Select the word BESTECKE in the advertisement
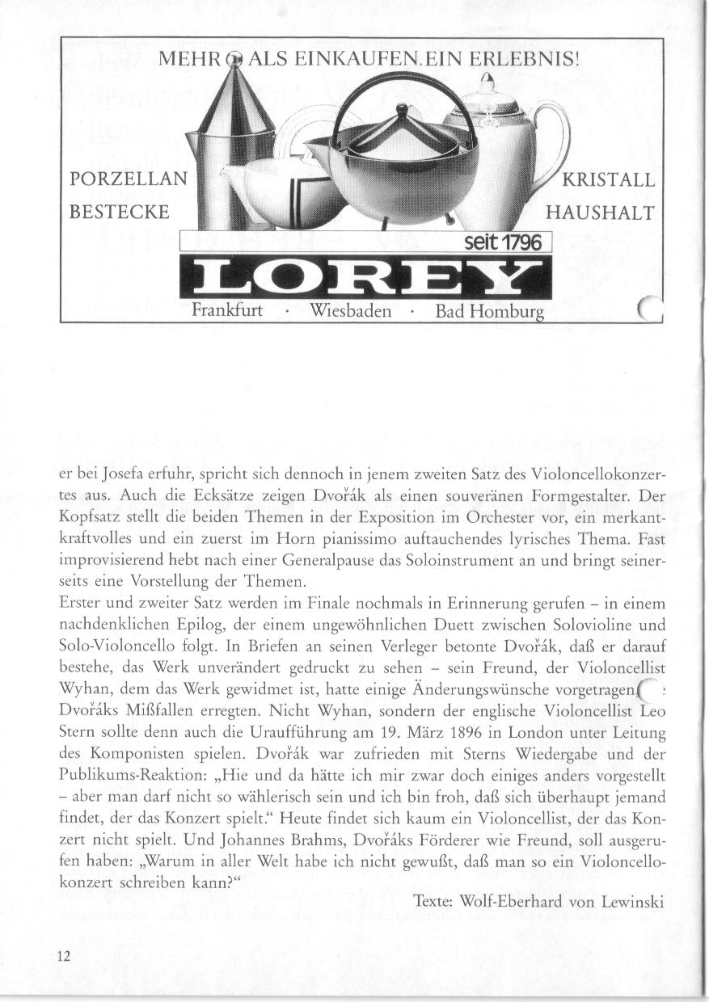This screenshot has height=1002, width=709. (120, 213)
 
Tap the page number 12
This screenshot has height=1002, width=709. (65, 956)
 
